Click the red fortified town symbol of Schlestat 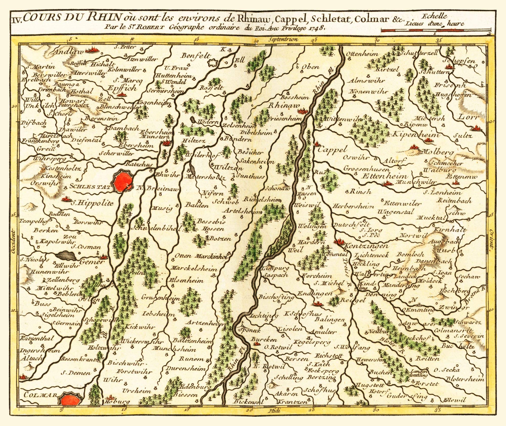[123, 180]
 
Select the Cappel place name [332, 150]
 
